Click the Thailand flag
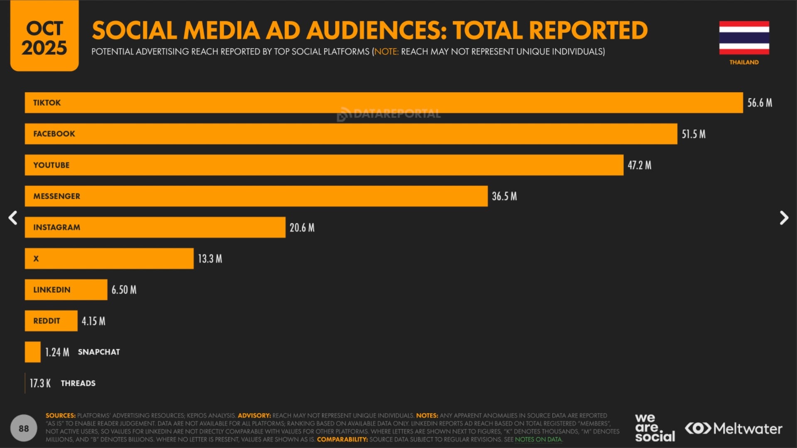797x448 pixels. (x=744, y=38)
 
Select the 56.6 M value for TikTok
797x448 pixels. (x=760, y=103)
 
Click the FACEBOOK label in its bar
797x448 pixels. (x=54, y=134)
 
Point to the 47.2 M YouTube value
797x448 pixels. (x=639, y=165)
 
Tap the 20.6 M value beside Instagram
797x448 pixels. (x=302, y=228)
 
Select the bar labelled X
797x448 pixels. (x=109, y=258)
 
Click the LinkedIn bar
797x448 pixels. (x=66, y=290)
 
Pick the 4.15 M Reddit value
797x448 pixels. (x=93, y=321)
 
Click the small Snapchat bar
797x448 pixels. (x=33, y=352)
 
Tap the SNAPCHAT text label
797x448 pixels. (x=99, y=352)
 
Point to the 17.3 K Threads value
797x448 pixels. (x=40, y=383)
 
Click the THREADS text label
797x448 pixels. (x=78, y=383)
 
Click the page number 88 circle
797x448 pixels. (x=24, y=428)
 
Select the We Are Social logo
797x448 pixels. (x=655, y=428)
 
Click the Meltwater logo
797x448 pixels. (x=733, y=429)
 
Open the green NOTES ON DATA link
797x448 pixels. (x=538, y=439)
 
